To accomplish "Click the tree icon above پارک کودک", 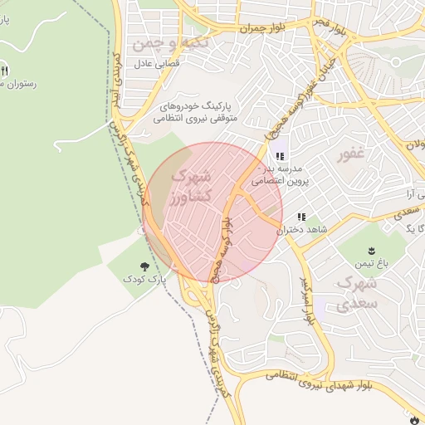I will pos(146,267).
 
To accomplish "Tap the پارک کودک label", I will pos(146,281).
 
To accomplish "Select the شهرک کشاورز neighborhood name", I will pos(192,187).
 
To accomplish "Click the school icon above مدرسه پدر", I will pos(277,155).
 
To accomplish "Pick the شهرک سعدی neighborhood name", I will pos(359,293).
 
